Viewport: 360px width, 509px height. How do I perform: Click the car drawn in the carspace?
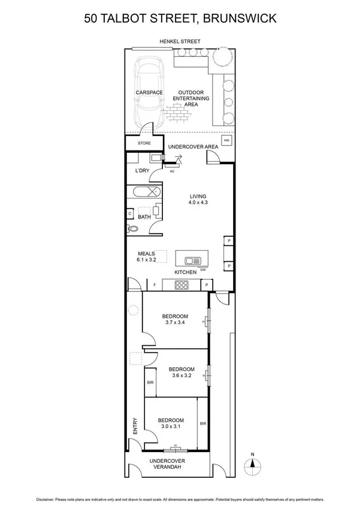tap(148, 90)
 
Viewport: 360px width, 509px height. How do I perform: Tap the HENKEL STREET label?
tap(180, 41)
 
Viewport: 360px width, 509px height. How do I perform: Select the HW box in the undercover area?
tap(226, 140)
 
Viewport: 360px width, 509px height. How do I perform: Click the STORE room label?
tap(144, 143)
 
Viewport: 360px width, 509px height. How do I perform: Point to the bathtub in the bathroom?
tap(144, 193)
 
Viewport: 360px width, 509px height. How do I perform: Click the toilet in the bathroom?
tap(132, 228)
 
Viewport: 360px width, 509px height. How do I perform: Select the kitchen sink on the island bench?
tap(193, 260)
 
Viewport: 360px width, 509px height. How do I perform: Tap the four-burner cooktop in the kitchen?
tap(181, 285)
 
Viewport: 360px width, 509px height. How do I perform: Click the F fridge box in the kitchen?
tap(155, 285)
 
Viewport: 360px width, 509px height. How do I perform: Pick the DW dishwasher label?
tap(203, 269)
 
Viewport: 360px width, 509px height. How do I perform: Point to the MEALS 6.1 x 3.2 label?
tap(147, 257)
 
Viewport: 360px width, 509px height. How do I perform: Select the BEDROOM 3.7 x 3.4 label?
tap(175, 320)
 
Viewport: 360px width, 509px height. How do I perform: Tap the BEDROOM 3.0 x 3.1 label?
tap(171, 423)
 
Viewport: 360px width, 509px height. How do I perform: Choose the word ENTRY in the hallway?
tap(135, 426)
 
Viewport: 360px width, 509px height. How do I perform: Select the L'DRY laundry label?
tap(143, 171)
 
